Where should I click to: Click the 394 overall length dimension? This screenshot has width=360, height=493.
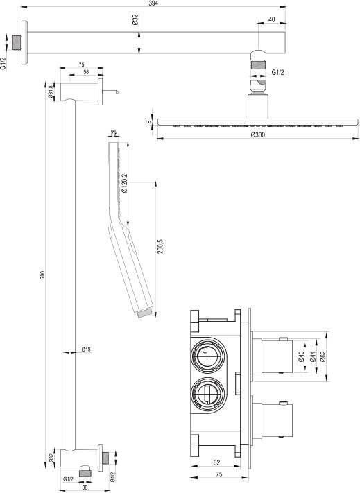pyautogui.click(x=153, y=3)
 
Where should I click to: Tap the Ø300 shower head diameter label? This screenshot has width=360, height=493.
pyautogui.click(x=258, y=135)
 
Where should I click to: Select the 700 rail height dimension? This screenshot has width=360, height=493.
pyautogui.click(x=43, y=275)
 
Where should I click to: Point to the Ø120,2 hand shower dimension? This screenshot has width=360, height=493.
pyautogui.click(x=124, y=183)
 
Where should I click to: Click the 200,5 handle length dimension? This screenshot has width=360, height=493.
pyautogui.click(x=160, y=247)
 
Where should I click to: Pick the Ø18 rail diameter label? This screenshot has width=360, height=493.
pyautogui.click(x=86, y=349)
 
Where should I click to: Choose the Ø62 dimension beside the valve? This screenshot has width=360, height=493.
pyautogui.click(x=323, y=356)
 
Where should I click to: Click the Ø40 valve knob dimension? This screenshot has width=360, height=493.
pyautogui.click(x=302, y=356)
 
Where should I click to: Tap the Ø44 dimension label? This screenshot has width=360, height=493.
pyautogui.click(x=313, y=356)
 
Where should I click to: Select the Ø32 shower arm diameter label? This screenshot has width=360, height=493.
pyautogui.click(x=135, y=19)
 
